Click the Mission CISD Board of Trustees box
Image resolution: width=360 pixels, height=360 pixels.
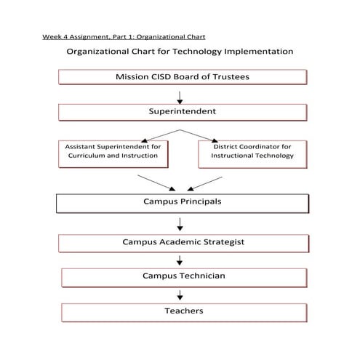point(180,78)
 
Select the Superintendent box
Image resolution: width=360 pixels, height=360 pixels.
point(180,112)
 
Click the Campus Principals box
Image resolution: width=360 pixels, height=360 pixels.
point(180,201)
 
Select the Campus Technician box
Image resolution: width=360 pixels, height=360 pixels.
point(183,276)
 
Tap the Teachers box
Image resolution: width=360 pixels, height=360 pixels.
point(183,311)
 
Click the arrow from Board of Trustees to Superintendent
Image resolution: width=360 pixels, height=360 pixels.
point(180,95)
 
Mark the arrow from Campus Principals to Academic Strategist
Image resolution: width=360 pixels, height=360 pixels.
point(180,223)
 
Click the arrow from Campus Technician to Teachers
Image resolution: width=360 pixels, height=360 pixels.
point(180,295)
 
